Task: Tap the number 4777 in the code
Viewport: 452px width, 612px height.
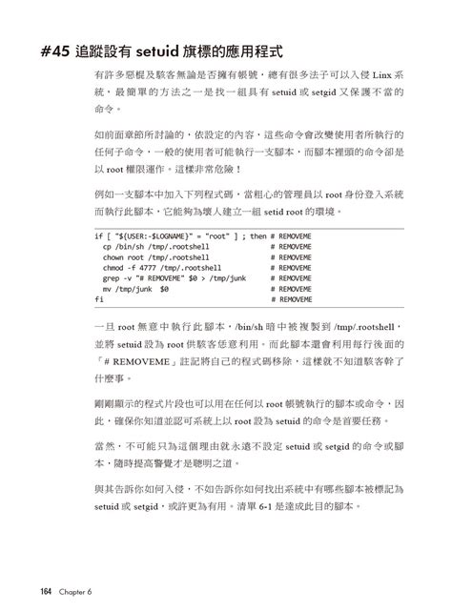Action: tap(151, 268)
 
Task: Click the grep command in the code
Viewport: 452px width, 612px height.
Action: tap(112, 278)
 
